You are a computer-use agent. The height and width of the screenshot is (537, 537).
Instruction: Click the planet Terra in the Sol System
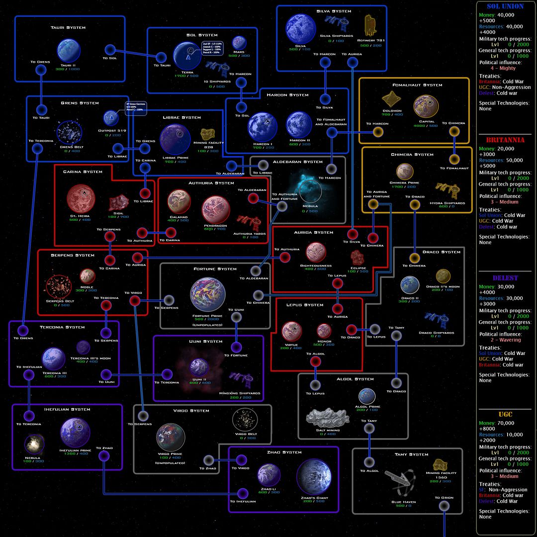187,57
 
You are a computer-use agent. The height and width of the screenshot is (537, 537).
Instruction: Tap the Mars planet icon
239,43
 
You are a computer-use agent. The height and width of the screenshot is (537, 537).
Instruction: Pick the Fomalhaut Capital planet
426,106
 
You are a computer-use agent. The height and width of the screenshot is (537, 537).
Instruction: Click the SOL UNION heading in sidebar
505,6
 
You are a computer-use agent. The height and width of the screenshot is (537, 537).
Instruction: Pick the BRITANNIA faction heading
505,140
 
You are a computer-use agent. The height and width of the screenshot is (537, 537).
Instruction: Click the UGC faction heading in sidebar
505,415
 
